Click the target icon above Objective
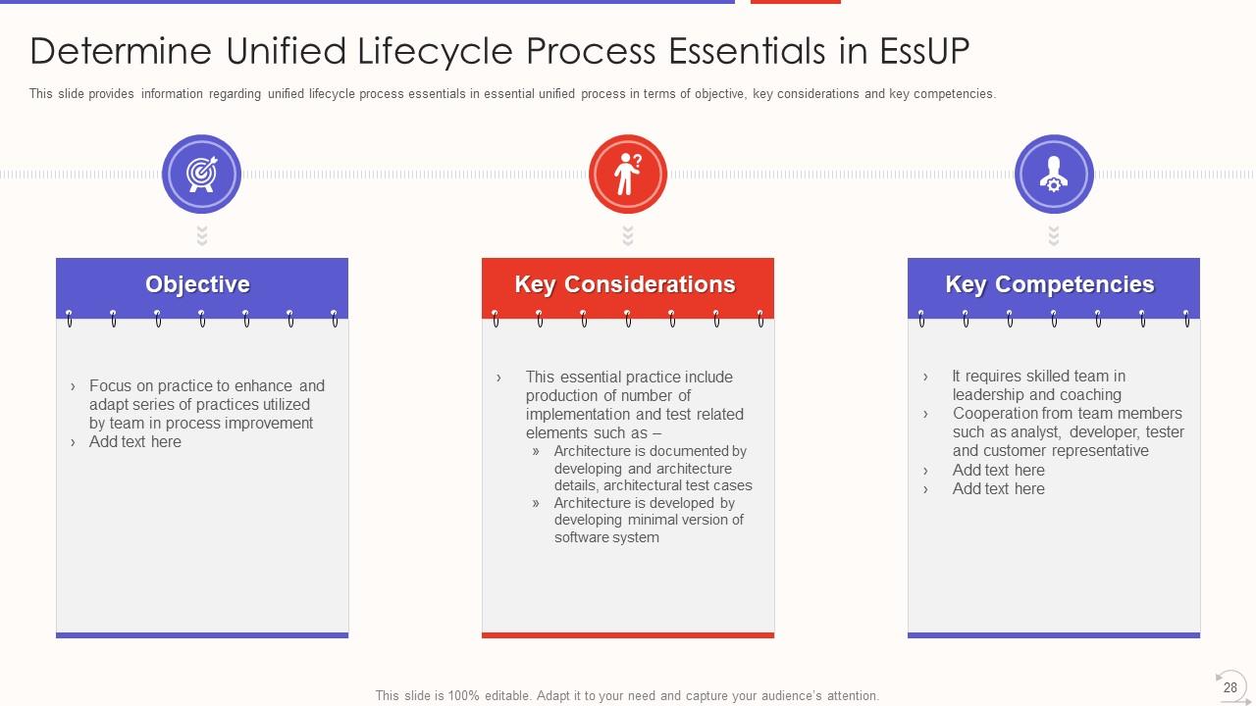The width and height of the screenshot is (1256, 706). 201,174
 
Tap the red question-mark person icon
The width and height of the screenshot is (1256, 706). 628,174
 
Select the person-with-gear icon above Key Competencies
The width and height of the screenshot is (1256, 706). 1054,174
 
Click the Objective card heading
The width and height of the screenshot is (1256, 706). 198,284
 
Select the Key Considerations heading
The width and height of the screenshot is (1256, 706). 625,284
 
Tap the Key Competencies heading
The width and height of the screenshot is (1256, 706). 1050,284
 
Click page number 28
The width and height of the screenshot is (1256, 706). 1230,687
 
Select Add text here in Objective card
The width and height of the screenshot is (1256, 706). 135,442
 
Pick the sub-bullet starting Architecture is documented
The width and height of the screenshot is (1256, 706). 653,469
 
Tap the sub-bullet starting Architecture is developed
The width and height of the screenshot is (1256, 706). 648,520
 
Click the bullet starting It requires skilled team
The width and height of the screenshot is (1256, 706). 1038,385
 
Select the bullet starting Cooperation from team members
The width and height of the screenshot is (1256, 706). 1068,431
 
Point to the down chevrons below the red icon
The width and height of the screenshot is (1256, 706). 628,235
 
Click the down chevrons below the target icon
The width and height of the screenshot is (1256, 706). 202,235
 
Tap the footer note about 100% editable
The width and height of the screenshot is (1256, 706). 627,695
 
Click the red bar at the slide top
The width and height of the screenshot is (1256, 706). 796,2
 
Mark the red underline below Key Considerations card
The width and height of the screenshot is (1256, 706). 628,635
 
